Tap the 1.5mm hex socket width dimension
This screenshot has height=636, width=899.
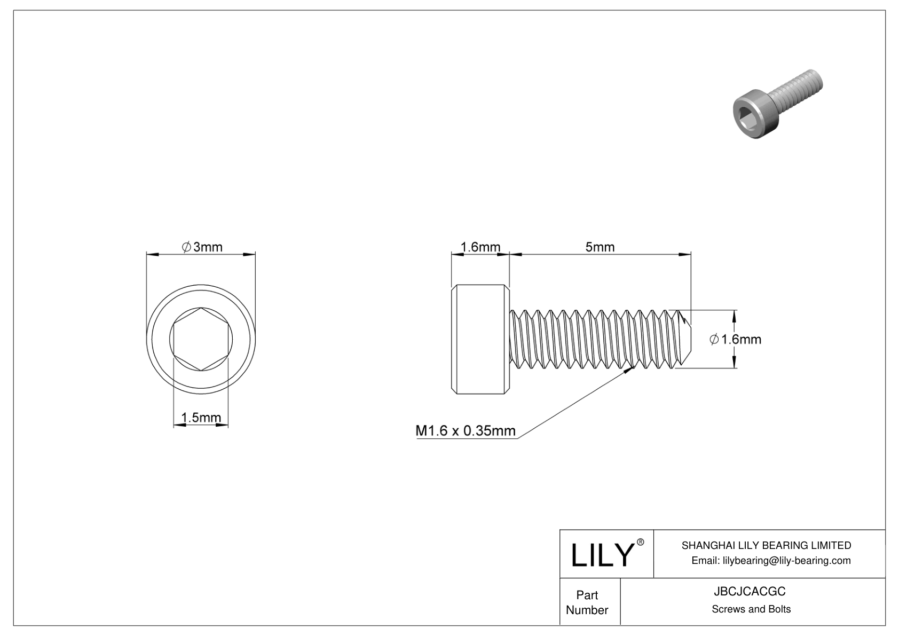click(201, 418)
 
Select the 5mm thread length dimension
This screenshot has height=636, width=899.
click(600, 247)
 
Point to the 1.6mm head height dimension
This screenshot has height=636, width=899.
click(480, 247)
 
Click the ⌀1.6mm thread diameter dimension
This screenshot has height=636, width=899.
click(735, 339)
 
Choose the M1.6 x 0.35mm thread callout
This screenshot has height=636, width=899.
click(465, 431)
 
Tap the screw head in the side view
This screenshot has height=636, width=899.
click(480, 339)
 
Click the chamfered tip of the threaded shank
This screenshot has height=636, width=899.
click(685, 339)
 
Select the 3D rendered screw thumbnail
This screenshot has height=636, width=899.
click(777, 104)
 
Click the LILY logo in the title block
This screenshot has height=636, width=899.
click(602, 554)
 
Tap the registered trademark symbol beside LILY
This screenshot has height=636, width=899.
click(640, 542)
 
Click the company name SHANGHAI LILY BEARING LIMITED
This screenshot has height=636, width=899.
click(766, 545)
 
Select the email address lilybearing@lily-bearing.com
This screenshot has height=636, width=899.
click(787, 561)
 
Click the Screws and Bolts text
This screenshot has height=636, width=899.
click(751, 609)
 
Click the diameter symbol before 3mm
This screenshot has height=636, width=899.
click(186, 247)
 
